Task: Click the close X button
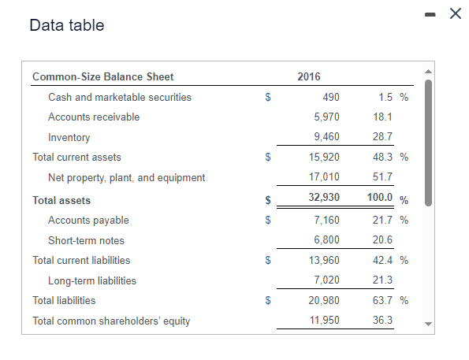(x=454, y=13)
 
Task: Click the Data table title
(x=66, y=25)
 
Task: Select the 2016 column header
(x=309, y=76)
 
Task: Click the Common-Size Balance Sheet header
(x=102, y=76)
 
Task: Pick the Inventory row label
(x=69, y=137)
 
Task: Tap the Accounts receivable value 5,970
(x=326, y=117)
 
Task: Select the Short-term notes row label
(x=86, y=240)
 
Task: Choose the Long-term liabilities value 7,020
(x=326, y=280)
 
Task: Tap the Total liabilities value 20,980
(x=324, y=300)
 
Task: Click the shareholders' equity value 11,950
(x=324, y=321)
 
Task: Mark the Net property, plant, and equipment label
(x=126, y=177)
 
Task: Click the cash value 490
(x=331, y=97)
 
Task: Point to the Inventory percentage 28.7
(x=382, y=137)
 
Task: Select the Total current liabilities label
(x=81, y=260)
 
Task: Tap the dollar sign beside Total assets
(x=269, y=200)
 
